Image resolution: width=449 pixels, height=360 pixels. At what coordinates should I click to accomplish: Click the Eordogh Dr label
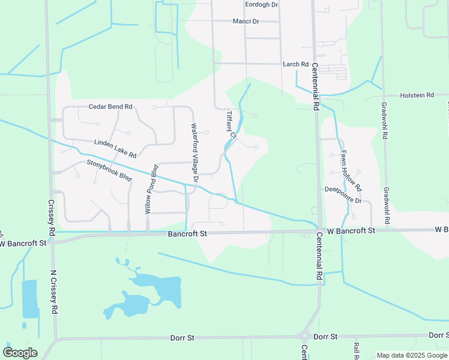262,4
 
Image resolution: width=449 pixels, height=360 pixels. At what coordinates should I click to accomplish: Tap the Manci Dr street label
246,22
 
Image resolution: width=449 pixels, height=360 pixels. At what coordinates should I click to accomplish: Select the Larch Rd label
295,64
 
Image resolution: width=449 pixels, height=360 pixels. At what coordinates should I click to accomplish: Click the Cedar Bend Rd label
110,107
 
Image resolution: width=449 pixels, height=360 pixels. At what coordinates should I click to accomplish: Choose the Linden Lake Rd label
115,149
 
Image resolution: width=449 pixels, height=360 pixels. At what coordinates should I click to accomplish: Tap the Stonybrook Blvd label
109,170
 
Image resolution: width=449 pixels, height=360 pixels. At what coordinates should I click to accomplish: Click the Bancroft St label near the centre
187,233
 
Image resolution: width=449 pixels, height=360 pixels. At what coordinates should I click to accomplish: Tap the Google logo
19,353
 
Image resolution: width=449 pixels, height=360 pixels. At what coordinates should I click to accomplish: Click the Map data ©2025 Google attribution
411,355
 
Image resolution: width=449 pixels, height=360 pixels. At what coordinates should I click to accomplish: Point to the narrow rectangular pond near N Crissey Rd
29,299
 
